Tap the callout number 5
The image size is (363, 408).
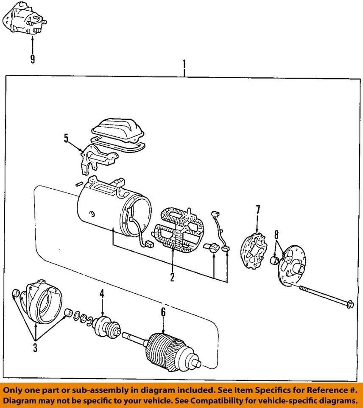click(66, 139)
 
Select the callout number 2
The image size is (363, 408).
click(173, 278)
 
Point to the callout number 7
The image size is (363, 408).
click(257, 210)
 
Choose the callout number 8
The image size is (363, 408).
click(276, 235)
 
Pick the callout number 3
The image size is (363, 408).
click(35, 348)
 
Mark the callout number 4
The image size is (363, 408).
click(102, 293)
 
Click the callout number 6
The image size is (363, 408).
click(163, 312)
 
